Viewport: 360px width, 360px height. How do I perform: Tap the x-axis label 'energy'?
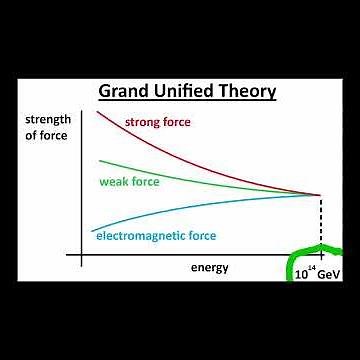click(209, 267)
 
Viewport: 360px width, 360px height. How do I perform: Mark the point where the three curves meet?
click(320, 194)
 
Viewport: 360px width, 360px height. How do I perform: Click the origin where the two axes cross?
click(80, 255)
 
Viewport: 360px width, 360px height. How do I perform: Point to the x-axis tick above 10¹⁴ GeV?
click(320, 255)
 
